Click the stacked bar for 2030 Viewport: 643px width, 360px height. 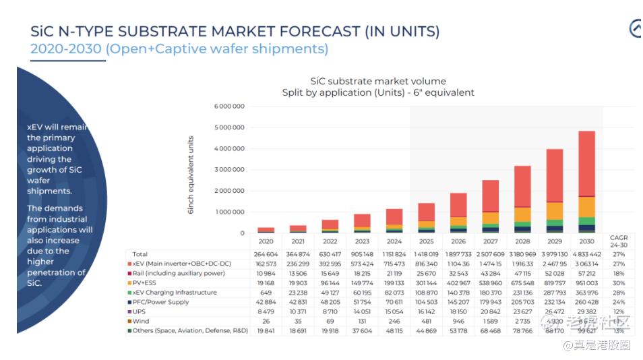586,182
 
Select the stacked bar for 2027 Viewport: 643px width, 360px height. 490,206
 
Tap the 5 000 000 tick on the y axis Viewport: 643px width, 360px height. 229,127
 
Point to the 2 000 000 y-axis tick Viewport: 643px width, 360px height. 229,191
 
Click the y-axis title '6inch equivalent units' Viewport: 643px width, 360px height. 191,175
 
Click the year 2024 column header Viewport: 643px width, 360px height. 394,241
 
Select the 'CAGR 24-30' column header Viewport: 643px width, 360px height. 619,241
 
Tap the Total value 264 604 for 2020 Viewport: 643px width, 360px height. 266,254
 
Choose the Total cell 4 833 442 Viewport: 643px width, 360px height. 586,254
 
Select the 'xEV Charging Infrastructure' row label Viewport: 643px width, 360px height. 175,293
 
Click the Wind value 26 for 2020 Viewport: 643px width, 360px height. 266,322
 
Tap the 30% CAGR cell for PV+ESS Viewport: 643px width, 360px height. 619,283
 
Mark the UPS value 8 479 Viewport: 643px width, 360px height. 266,312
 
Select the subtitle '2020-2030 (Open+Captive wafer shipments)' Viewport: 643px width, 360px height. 179,49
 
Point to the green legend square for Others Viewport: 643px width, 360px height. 129,331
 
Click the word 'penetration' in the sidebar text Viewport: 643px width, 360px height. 54,272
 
